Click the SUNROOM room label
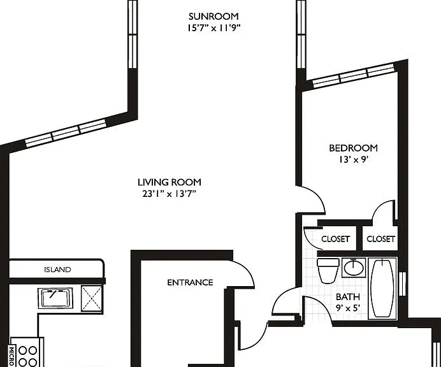(x=213, y=17)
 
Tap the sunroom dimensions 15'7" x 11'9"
(x=214, y=28)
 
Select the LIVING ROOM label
(x=170, y=182)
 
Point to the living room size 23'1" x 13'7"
(x=169, y=194)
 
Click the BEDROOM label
(x=353, y=148)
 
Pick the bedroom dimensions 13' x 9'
(x=354, y=160)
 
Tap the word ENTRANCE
(x=190, y=282)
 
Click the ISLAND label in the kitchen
(x=57, y=270)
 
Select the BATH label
(x=348, y=297)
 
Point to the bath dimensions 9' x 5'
(x=348, y=308)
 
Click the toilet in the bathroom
(x=328, y=271)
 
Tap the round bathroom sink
(x=354, y=268)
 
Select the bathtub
(x=382, y=289)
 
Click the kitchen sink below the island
(x=55, y=298)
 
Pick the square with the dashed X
(x=92, y=298)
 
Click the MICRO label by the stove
(x=12, y=356)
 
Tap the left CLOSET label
(x=336, y=239)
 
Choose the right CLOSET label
(x=381, y=239)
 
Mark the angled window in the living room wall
(x=66, y=133)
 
